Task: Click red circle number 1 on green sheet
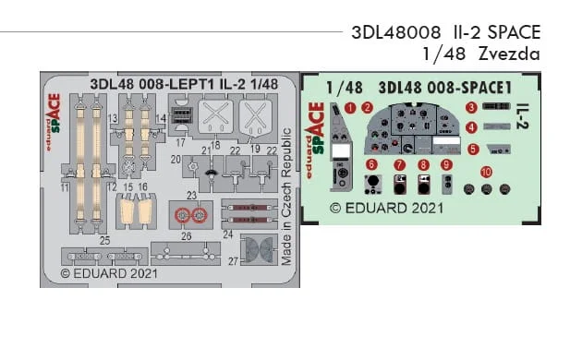click(x=350, y=108)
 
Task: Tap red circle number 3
click(x=471, y=107)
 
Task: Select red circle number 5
click(x=473, y=149)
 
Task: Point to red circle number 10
click(x=486, y=173)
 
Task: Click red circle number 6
click(x=371, y=164)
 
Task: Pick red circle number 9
click(x=446, y=164)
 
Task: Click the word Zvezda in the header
click(x=509, y=54)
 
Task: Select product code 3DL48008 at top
click(x=396, y=32)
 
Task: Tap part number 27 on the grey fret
click(x=233, y=261)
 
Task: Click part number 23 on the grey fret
click(x=191, y=196)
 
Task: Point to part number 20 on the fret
click(x=176, y=160)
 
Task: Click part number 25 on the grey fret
click(x=105, y=241)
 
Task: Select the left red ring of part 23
click(x=183, y=216)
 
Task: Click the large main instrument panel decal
click(x=413, y=128)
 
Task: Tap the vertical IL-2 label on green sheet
click(x=522, y=116)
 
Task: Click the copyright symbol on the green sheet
click(x=335, y=209)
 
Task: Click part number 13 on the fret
click(x=113, y=118)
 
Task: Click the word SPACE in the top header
click(x=514, y=32)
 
